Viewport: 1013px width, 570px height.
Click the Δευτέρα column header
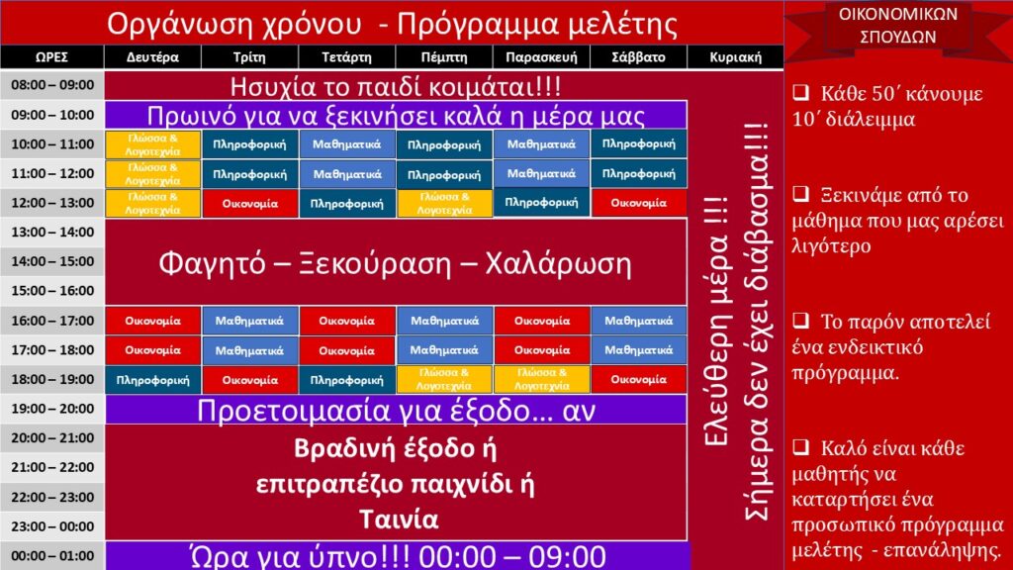coord(152,56)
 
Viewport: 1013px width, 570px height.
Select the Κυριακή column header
coord(735,56)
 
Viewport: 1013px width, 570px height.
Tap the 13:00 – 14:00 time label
coord(52,232)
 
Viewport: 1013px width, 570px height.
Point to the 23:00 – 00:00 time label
coord(52,526)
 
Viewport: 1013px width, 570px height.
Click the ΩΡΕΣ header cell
coord(51,56)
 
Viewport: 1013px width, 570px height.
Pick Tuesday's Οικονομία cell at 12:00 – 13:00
coord(250,204)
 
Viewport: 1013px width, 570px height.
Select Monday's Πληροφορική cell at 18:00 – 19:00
coord(153,380)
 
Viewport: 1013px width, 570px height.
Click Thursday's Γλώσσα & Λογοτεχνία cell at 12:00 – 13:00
coord(444,204)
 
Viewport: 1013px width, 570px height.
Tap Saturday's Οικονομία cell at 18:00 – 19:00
coord(639,380)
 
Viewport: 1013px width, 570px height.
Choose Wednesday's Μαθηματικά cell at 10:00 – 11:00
coord(347,144)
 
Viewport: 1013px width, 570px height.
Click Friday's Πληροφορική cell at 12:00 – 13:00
coord(541,203)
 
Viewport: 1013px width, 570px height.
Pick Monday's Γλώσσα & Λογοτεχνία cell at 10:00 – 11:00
coord(153,144)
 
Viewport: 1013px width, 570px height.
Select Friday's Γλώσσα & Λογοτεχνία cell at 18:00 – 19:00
coord(541,380)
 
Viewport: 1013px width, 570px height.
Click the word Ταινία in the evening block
coord(399,520)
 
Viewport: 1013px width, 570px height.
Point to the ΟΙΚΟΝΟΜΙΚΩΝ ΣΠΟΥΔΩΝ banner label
coord(898,26)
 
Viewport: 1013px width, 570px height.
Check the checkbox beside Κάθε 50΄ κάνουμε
coord(801,92)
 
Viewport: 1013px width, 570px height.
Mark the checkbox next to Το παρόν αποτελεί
coord(801,320)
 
